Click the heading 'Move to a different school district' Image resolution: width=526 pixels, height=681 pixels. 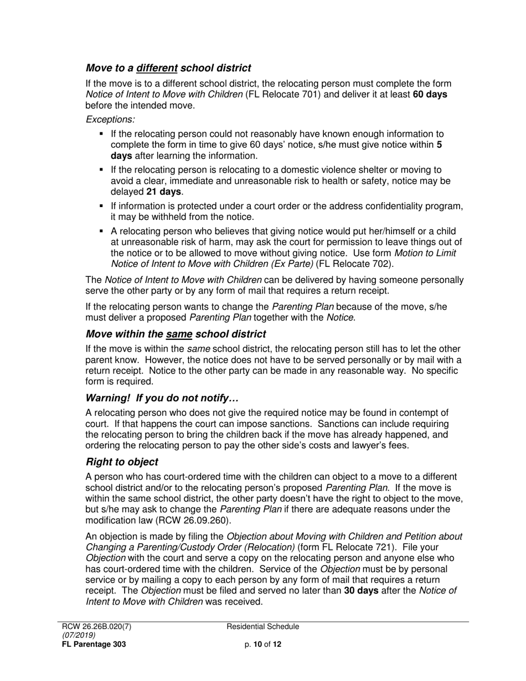[x=168, y=68]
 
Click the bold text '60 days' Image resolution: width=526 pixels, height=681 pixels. [x=430, y=94]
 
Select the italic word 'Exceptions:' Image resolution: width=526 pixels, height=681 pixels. [x=110, y=119]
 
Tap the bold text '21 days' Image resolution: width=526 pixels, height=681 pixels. [x=163, y=192]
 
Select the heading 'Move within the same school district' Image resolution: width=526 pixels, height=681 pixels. [x=176, y=334]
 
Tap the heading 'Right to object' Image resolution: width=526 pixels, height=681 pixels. [x=122, y=462]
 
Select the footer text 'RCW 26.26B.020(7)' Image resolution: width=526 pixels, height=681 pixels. [x=96, y=627]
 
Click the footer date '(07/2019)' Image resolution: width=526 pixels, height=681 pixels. [x=79, y=635]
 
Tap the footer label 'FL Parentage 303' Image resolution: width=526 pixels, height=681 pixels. [x=94, y=644]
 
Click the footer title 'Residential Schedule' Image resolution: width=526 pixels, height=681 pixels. [x=263, y=627]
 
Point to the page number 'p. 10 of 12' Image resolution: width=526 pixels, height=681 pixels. [x=263, y=644]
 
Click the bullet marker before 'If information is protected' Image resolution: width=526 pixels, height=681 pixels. [x=101, y=206]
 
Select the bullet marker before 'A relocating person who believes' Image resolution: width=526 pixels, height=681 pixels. [x=101, y=231]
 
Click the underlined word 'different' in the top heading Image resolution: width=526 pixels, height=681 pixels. [x=157, y=68]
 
